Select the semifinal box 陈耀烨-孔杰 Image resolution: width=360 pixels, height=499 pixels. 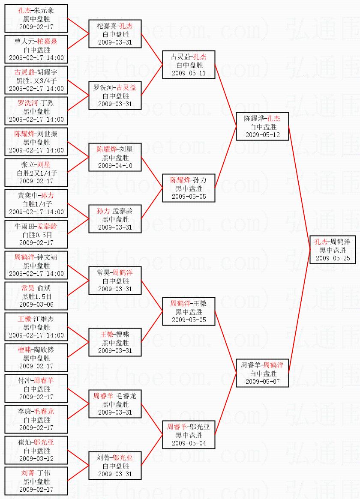pyautogui.click(x=262, y=126)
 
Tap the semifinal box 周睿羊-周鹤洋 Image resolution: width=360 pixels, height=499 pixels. pyautogui.click(x=262, y=373)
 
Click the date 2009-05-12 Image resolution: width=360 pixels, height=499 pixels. pyautogui.click(x=262, y=134)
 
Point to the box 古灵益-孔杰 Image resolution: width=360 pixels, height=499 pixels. pyautogui.click(x=189, y=65)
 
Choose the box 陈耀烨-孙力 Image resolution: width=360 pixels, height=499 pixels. pyautogui.click(x=189, y=188)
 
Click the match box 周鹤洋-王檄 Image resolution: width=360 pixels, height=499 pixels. pyautogui.click(x=189, y=311)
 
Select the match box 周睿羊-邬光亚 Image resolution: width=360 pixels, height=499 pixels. pyautogui.click(x=189, y=435)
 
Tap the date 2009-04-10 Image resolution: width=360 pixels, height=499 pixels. pyautogui.click(x=115, y=165)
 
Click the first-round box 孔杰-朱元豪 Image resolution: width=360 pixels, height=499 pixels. pyautogui.click(x=36, y=18)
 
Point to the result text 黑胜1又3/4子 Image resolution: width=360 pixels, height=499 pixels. pyautogui.click(x=36, y=81)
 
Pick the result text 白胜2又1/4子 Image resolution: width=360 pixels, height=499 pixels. pyautogui.click(x=36, y=173)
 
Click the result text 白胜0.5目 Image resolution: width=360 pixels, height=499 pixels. pyautogui.click(x=36, y=235)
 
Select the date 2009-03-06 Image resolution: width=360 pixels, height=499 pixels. pyautogui.click(x=36, y=304)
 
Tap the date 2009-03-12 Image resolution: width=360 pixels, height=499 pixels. pyautogui.click(x=36, y=458)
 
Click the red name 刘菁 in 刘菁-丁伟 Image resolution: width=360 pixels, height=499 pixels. pyautogui.click(x=28, y=473)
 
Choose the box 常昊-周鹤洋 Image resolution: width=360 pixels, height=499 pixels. pyautogui.click(x=115, y=281)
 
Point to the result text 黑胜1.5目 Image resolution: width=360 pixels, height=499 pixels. pyautogui.click(x=36, y=296)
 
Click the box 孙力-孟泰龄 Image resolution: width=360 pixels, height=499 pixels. pyautogui.click(x=115, y=219)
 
